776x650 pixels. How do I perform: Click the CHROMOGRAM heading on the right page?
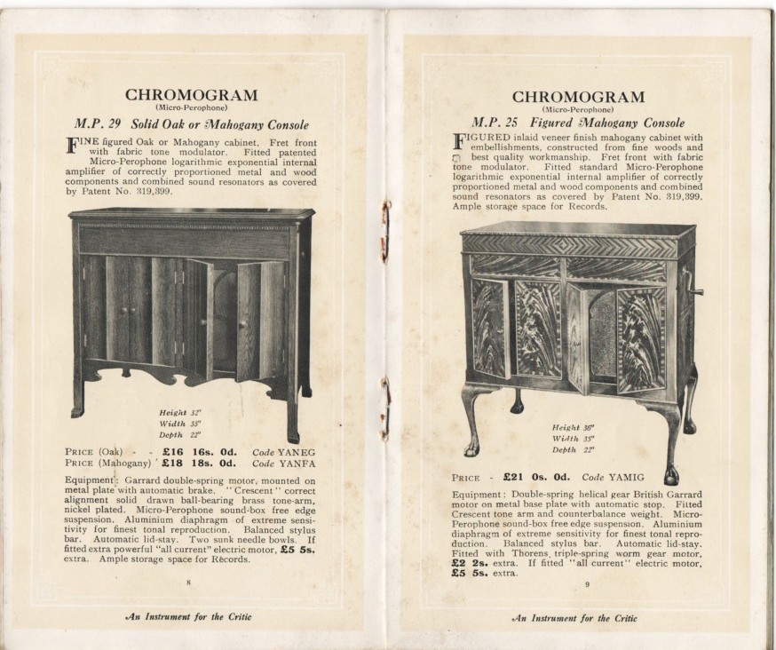tap(578, 97)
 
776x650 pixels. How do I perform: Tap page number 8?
tap(189, 583)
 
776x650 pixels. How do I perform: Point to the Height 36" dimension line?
tap(572, 427)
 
